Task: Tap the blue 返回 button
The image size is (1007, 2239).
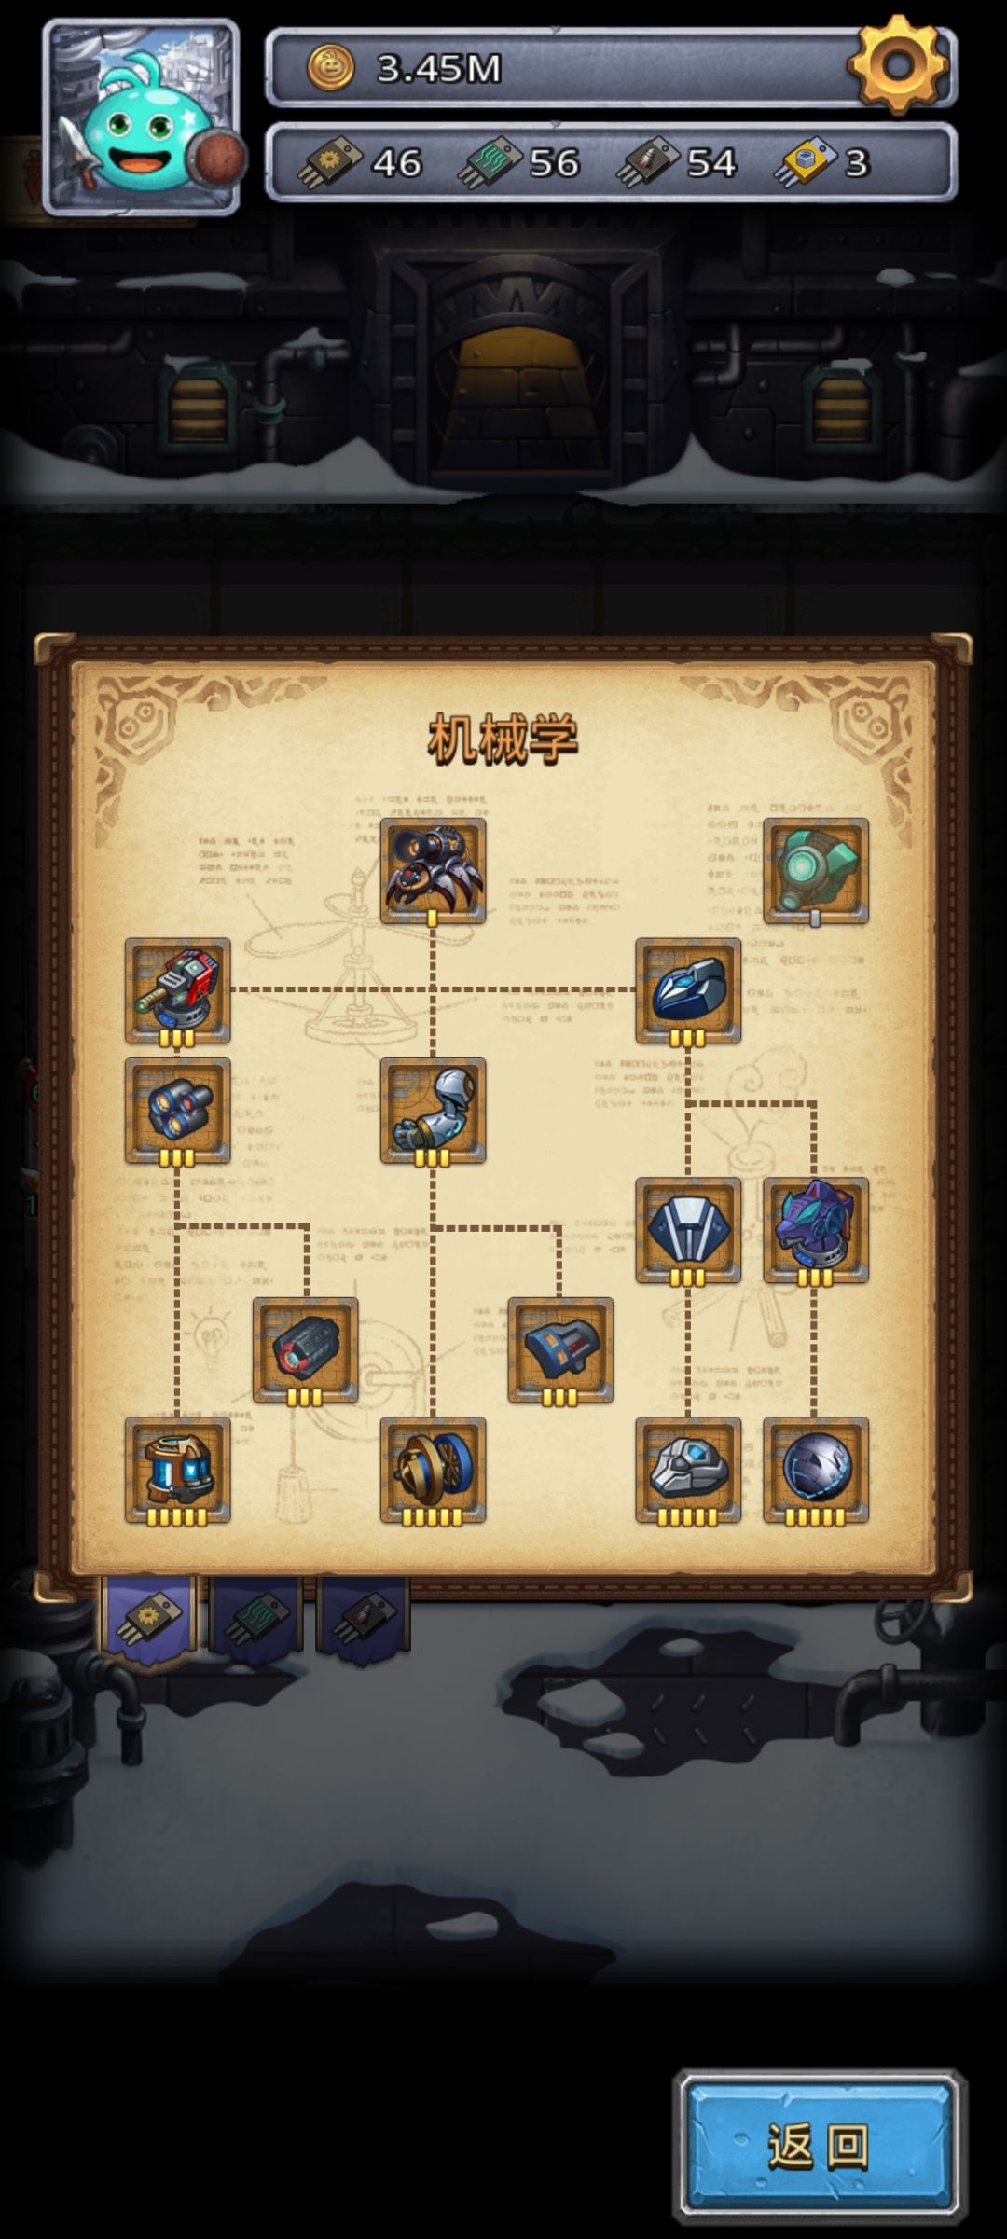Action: click(x=819, y=2146)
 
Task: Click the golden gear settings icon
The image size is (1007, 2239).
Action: click(x=899, y=64)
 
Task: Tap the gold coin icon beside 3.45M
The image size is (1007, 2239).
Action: click(x=331, y=68)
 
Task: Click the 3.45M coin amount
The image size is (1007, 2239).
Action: click(x=438, y=68)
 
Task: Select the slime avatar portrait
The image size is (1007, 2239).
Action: click(x=141, y=117)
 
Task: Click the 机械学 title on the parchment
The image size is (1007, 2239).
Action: click(x=504, y=739)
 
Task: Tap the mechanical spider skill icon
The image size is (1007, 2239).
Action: click(x=433, y=871)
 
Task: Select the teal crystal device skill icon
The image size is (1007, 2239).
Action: click(x=816, y=871)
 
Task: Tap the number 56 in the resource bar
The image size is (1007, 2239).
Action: click(x=554, y=163)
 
